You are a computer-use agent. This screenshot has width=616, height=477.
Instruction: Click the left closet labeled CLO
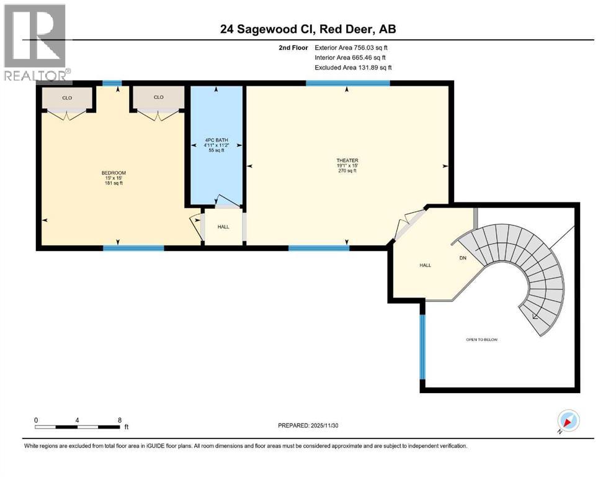[66, 97]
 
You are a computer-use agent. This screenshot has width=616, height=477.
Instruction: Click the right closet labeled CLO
[158, 97]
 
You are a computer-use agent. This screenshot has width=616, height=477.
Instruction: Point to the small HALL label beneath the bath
[223, 227]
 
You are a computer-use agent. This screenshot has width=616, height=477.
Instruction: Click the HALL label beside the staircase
[425, 265]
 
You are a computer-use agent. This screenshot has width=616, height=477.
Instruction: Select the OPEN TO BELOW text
[482, 339]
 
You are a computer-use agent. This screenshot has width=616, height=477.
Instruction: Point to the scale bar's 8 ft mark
[120, 420]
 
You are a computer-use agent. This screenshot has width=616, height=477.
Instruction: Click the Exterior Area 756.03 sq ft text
[353, 47]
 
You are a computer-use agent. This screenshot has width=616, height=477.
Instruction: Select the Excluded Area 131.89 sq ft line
[353, 67]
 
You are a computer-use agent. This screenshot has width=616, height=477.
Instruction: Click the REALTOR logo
[37, 43]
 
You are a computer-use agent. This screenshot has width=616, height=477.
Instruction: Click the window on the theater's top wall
[347, 83]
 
